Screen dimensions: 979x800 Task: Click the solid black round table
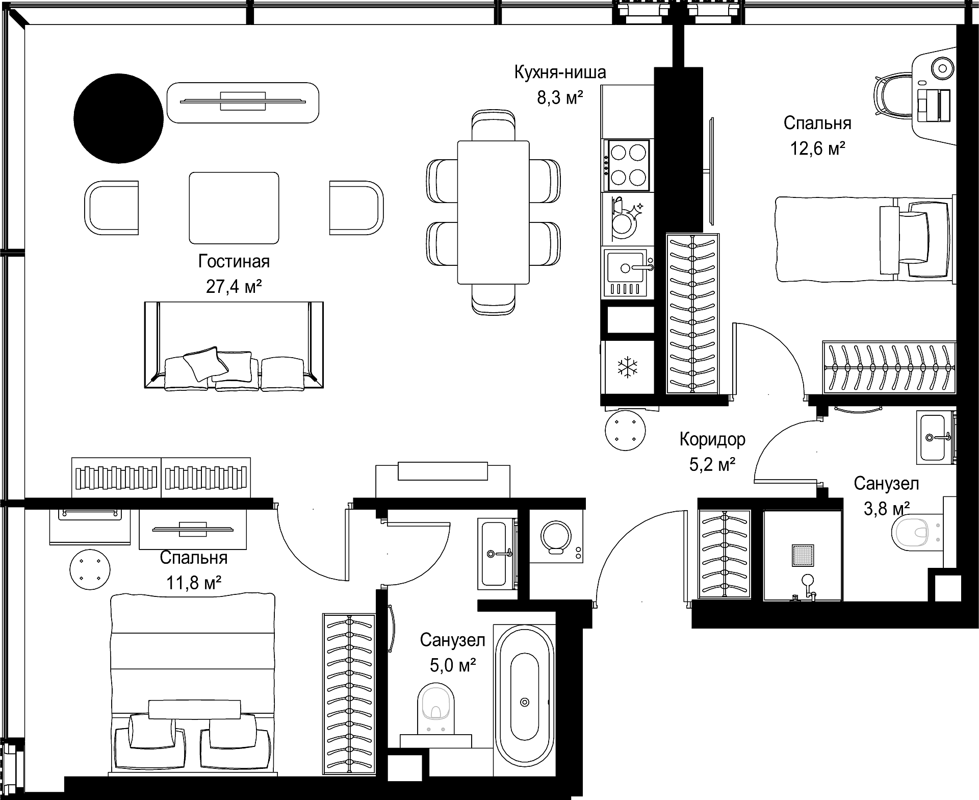tap(118, 118)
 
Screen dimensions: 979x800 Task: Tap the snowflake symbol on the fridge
tap(627, 367)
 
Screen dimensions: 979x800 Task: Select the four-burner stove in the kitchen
tap(627, 165)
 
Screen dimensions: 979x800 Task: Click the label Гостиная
tap(234, 261)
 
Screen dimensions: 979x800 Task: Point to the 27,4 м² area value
tap(234, 287)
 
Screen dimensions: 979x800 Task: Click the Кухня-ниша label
tap(560, 72)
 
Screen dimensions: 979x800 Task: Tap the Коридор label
tap(712, 439)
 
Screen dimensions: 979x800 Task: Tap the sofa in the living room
tap(234, 345)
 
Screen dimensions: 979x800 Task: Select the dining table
tap(493, 212)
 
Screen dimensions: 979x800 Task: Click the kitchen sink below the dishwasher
tap(625, 272)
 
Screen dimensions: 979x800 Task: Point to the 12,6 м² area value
tap(817, 148)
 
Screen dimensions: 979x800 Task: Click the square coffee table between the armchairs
tap(234, 208)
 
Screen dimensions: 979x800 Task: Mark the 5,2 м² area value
tap(712, 465)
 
